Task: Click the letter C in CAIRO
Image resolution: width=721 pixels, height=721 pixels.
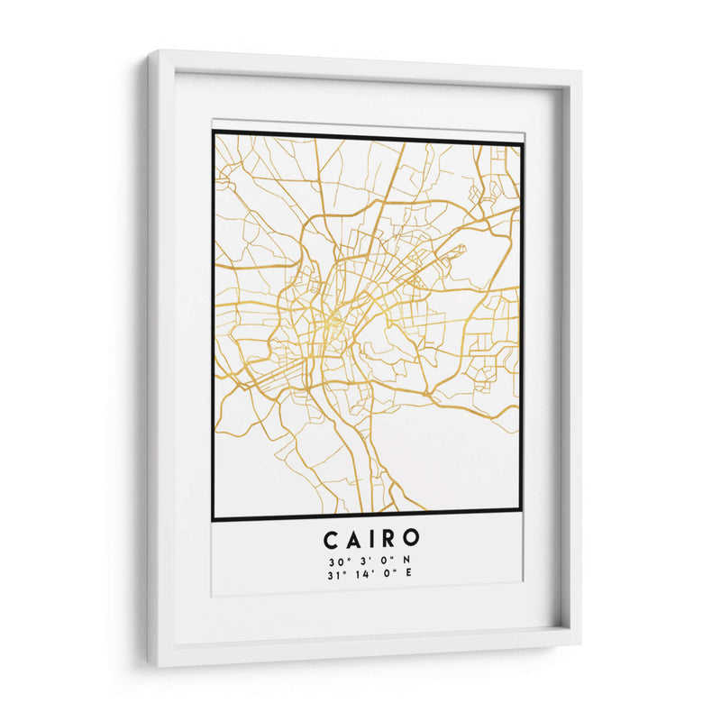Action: (x=331, y=539)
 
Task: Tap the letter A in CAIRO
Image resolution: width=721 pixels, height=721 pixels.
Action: (x=352, y=539)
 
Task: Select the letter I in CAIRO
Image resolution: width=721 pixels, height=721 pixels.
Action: (x=370, y=539)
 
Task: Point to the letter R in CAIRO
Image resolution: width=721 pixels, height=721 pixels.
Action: (x=387, y=539)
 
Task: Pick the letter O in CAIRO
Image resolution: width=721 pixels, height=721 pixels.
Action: (x=410, y=539)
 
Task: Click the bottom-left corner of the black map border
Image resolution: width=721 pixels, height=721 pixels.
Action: (x=214, y=520)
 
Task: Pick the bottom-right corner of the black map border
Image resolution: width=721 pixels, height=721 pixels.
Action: (x=522, y=510)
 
